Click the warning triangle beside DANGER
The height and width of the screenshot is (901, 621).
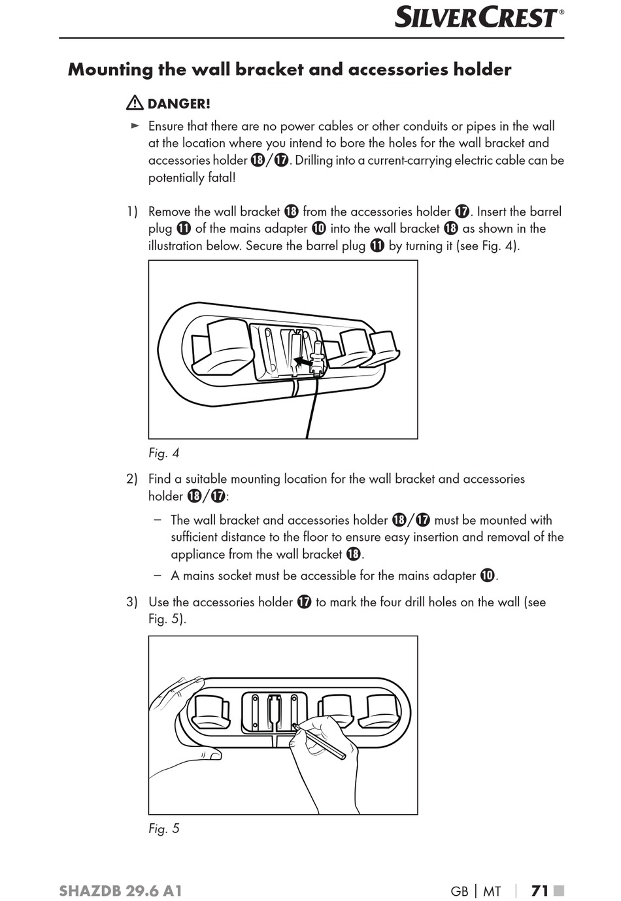[x=135, y=103]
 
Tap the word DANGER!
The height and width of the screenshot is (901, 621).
[x=178, y=104]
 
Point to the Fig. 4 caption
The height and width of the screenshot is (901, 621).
[x=163, y=453]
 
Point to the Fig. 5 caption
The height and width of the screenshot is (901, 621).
[x=163, y=828]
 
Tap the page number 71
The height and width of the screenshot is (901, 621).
[x=539, y=891]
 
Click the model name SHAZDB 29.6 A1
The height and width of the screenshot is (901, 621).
[x=120, y=891]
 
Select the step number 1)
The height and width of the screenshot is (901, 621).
[x=132, y=212]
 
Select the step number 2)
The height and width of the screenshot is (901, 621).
[x=132, y=479]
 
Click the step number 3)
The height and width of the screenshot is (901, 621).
[x=132, y=602]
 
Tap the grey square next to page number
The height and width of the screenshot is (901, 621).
[x=559, y=891]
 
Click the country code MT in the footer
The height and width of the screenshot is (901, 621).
[x=492, y=891]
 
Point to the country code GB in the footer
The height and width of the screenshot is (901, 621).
[x=460, y=891]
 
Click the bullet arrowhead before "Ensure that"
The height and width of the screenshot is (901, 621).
[x=135, y=125]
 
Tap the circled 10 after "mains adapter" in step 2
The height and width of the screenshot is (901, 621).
[x=487, y=576]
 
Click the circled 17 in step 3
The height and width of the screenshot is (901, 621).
[x=304, y=602]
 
